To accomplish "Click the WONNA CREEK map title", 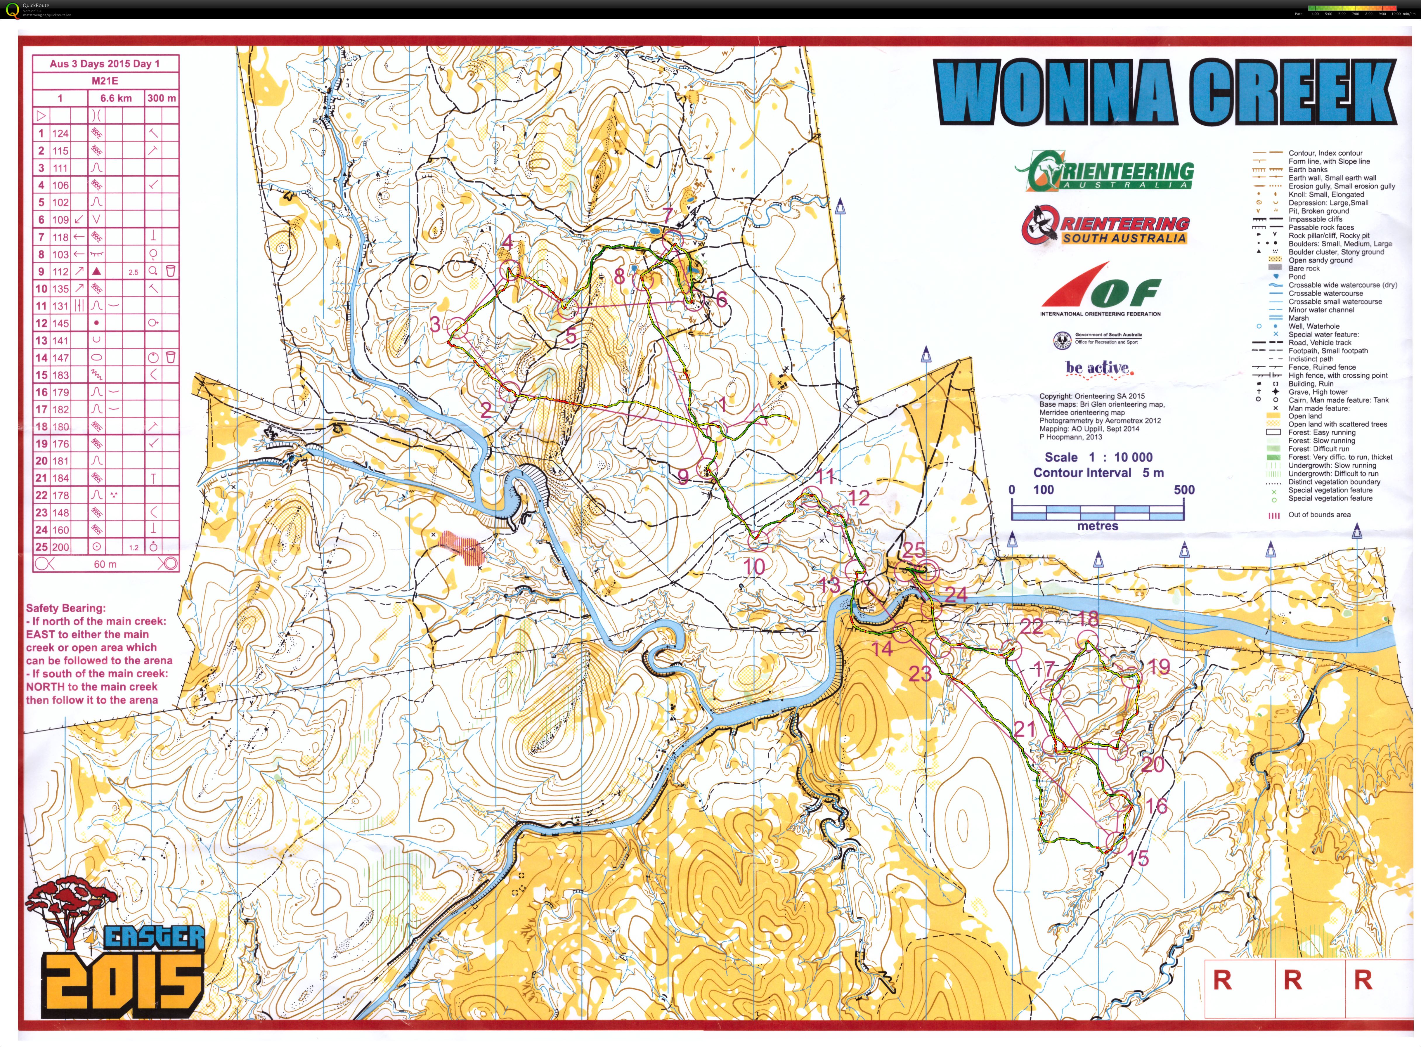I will click(x=1165, y=93).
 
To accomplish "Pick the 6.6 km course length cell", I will click(x=116, y=98).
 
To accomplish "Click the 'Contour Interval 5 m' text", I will click(x=1098, y=473).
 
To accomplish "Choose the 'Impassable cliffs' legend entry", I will click(x=1315, y=219).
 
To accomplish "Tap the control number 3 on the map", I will click(x=435, y=325).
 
